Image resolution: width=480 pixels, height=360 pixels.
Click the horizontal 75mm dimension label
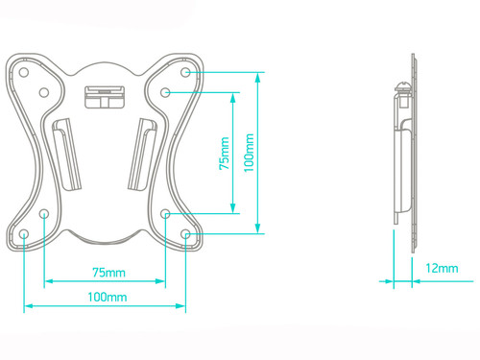click(x=108, y=273)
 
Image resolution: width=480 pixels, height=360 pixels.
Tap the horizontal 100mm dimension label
click(x=108, y=297)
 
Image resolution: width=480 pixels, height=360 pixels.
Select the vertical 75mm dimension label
click(x=225, y=154)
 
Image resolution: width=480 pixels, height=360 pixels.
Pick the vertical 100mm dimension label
click(x=249, y=153)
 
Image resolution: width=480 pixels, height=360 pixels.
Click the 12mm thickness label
click(x=442, y=268)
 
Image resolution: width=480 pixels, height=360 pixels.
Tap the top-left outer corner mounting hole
click(x=24, y=72)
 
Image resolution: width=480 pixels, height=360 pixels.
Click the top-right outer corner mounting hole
click(x=185, y=72)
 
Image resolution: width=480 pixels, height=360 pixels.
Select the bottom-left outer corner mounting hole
click(x=24, y=234)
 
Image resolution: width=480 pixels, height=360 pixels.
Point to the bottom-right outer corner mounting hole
click(x=185, y=234)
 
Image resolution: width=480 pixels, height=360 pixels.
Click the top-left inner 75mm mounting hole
click(x=44, y=93)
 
